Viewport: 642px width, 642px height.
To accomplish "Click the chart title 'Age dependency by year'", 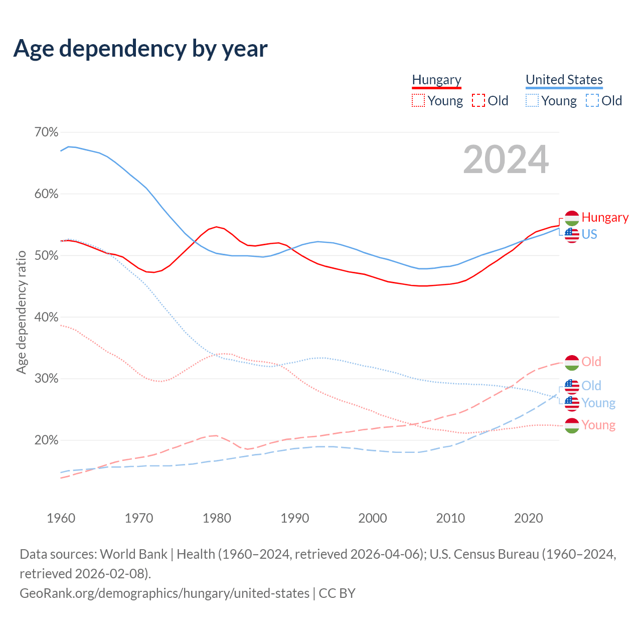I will (x=140, y=49).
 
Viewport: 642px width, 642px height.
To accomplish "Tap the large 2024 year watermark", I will (x=506, y=159).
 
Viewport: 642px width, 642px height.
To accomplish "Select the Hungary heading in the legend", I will (x=436, y=80).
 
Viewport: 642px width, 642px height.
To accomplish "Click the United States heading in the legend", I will (x=564, y=80).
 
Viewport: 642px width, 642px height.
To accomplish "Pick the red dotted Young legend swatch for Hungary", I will (x=418, y=101).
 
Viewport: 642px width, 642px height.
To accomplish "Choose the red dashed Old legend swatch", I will (x=478, y=101).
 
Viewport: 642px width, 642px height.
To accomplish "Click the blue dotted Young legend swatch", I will (x=532, y=101).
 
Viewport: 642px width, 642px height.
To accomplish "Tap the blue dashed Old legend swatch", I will (x=592, y=101).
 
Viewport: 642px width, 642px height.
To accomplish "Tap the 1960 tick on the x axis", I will (x=61, y=518).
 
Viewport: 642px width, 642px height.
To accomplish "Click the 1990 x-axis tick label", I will (x=295, y=518).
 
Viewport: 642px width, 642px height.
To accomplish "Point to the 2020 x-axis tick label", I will (x=529, y=518).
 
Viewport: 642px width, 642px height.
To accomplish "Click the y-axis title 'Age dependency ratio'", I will (x=21, y=312).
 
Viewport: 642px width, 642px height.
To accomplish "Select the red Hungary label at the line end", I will (x=605, y=218).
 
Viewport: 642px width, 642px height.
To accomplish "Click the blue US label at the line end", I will (x=589, y=234).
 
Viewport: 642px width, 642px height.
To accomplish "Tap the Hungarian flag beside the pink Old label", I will (x=572, y=362).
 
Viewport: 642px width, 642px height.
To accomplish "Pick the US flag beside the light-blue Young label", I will (x=572, y=403).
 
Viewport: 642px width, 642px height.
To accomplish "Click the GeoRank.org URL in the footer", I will (x=165, y=593).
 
